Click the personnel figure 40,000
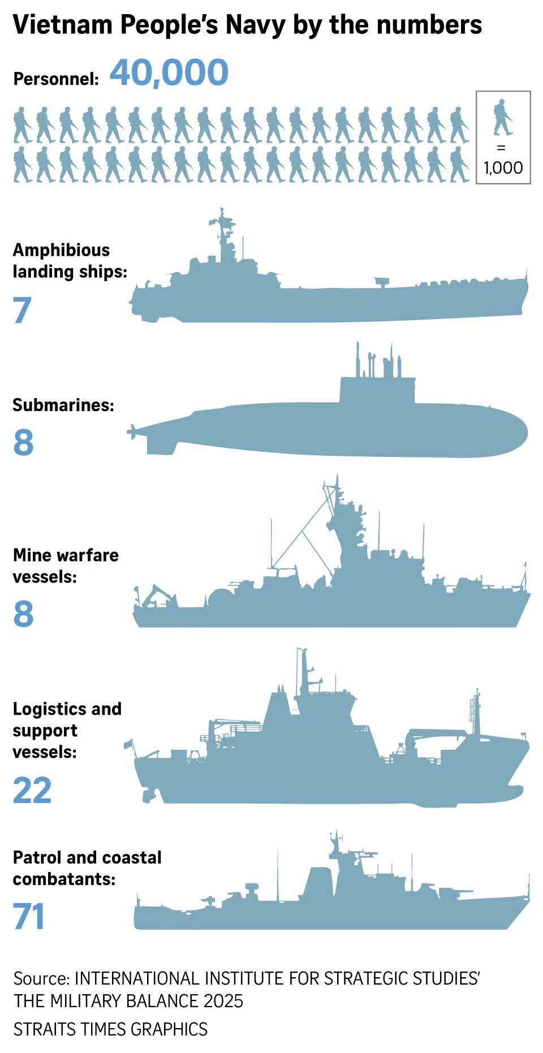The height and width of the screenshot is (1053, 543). tap(169, 73)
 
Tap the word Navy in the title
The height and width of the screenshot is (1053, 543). tap(255, 25)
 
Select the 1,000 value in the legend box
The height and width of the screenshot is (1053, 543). tap(503, 167)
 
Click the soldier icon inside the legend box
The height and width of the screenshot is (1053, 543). tap(502, 118)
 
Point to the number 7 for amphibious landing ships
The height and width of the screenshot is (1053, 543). tap(22, 310)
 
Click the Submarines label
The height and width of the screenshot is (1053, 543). tap(63, 405)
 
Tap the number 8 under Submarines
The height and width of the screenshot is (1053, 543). tap(23, 442)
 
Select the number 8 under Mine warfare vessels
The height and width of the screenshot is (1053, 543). tap(23, 614)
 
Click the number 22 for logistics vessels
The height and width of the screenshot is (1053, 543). tap(32, 790)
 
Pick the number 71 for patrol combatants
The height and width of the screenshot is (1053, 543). tap(29, 916)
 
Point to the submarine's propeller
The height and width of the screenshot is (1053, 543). tap(132, 433)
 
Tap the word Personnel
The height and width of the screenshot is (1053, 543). tap(56, 79)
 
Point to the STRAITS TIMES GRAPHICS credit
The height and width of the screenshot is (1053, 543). tap(110, 1029)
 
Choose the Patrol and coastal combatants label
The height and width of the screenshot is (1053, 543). tap(87, 868)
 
